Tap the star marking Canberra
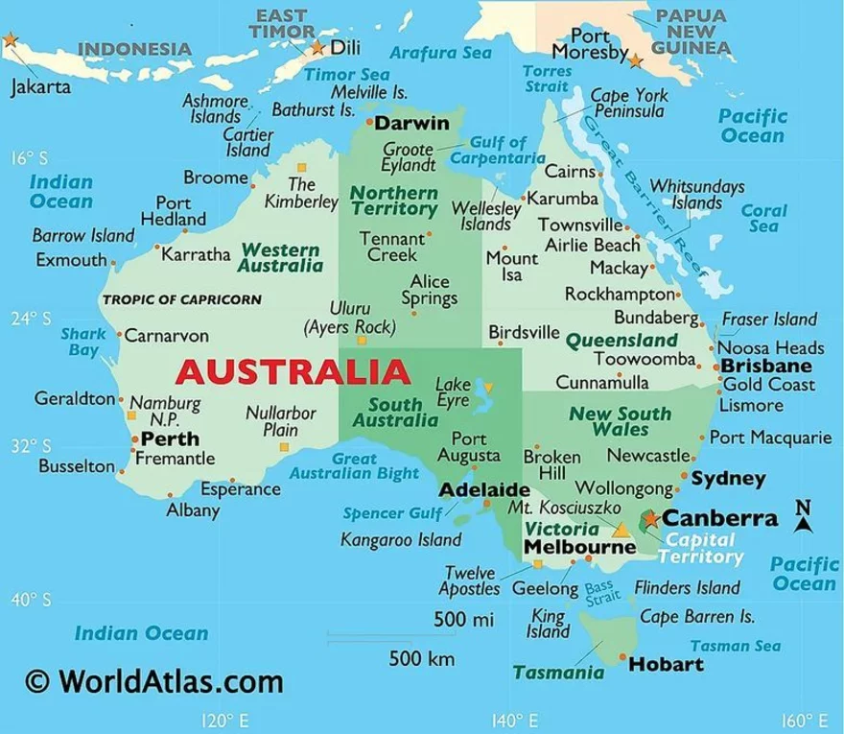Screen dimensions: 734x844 [651, 519]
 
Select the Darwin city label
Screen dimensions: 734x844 [411, 124]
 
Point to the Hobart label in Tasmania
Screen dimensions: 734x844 [666, 664]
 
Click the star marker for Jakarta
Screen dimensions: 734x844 [10, 40]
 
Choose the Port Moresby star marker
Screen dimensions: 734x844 [635, 60]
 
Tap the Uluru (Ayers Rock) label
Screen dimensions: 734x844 [349, 318]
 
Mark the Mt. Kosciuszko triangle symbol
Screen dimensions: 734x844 [621, 529]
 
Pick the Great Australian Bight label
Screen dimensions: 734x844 [355, 466]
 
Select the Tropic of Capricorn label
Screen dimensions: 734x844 [181, 299]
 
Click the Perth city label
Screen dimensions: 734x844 [170, 438]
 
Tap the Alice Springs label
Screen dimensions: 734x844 [429, 290]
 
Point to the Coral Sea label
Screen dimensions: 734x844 [764, 218]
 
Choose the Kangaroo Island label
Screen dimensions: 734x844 [401, 540]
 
